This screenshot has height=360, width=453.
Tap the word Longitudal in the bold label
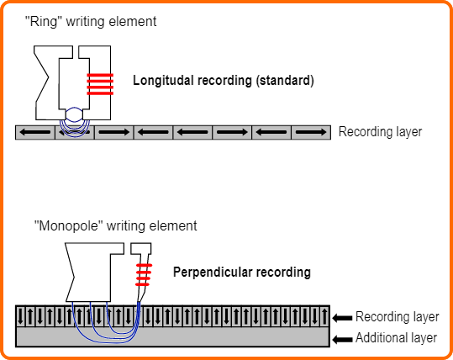tap(161, 81)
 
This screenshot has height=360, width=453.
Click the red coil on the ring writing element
tap(100, 84)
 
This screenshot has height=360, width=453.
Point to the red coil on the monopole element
tap(144, 275)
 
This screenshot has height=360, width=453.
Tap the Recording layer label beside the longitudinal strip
tap(380, 132)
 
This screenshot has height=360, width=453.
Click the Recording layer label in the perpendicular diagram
tap(398, 316)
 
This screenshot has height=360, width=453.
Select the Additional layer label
tap(396, 338)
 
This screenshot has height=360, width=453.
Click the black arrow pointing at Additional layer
tap(342, 339)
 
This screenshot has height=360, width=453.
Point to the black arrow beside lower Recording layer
tap(342, 318)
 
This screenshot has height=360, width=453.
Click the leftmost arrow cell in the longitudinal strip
tap(35, 132)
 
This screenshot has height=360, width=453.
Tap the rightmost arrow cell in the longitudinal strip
tap(311, 132)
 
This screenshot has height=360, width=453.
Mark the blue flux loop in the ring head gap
tap(74, 114)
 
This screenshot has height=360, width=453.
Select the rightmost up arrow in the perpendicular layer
tap(324, 316)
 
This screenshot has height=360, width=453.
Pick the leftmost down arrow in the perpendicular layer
tap(20, 316)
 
